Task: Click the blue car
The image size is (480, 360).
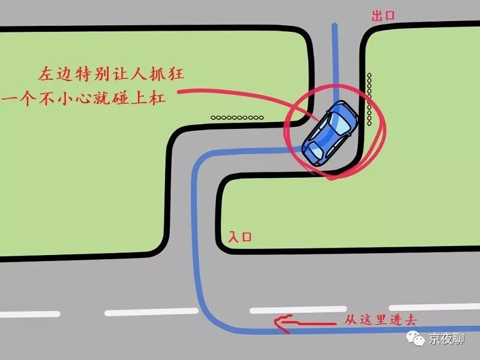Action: point(329,133)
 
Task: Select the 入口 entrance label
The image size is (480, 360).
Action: point(240,237)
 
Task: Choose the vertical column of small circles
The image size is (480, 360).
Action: point(370,99)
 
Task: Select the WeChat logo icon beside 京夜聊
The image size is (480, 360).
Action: point(415,339)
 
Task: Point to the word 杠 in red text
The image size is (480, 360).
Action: point(157,98)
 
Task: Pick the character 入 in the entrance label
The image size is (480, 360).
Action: point(234,237)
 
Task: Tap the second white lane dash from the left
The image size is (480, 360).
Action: point(151,312)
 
